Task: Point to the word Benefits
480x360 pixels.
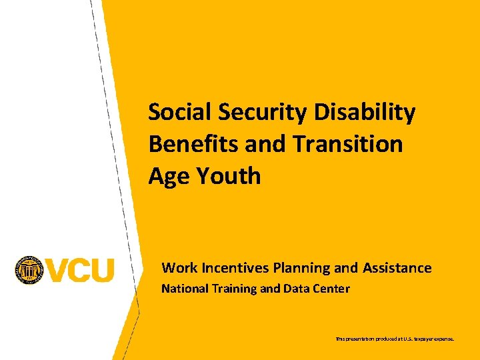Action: [x=187, y=144]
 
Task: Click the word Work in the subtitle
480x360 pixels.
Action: [x=179, y=268]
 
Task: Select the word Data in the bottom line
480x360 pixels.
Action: [x=296, y=289]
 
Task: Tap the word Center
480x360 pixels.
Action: [x=331, y=289]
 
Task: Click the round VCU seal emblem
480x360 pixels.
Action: [x=29, y=270]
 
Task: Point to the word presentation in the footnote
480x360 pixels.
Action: [x=361, y=339]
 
